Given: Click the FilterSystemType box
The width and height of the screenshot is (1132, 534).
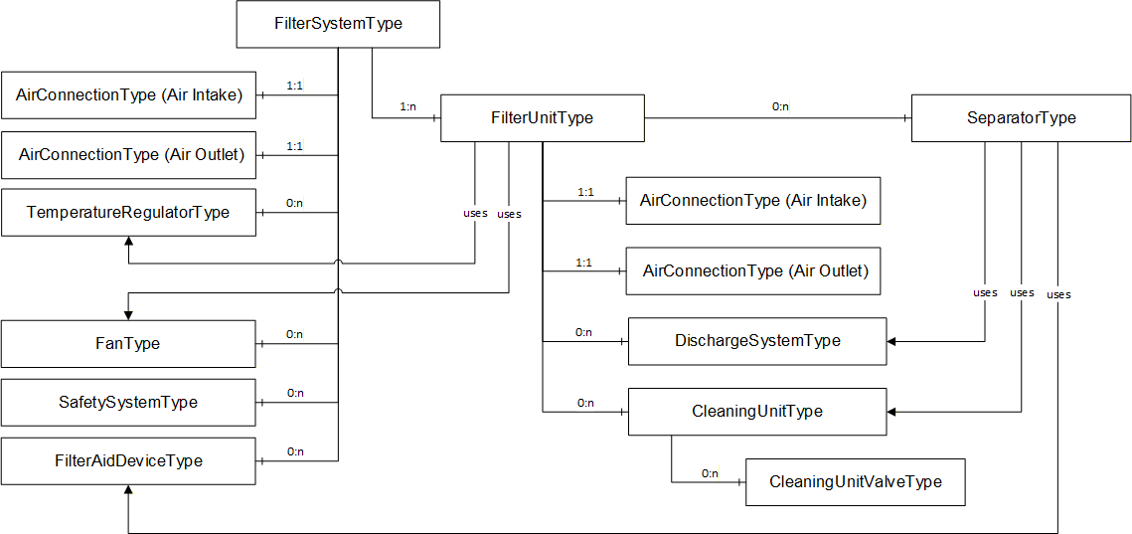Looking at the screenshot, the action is coord(338,24).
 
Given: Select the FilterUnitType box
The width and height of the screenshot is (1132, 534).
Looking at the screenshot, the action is coord(543,117).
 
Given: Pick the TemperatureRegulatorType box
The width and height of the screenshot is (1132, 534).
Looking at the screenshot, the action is coord(128,213).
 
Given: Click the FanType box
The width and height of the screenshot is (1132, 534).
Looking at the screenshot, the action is coord(128,343).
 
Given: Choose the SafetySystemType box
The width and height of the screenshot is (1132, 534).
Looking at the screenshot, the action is coord(128,402).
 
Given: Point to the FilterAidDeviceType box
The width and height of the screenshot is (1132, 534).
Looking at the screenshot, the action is coord(128,460).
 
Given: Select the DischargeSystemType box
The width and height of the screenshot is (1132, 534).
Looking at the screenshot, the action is coord(757,341).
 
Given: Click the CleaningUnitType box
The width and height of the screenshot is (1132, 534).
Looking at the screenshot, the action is coord(757,412).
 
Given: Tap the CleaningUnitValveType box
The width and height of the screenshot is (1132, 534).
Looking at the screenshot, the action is coord(856,482).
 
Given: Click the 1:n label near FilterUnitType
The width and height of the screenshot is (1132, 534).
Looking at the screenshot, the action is coord(407,106).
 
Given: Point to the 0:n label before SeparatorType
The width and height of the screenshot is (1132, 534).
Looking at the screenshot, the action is coord(780,107).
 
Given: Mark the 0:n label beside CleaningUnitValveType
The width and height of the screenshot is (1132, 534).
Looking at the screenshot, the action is coord(711,473).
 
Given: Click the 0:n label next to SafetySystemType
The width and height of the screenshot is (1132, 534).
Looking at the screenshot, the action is coord(295,393).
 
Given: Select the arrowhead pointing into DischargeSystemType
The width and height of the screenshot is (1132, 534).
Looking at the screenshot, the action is coord(891,341).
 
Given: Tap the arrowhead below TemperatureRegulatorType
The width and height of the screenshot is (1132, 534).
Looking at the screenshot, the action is coord(128,241).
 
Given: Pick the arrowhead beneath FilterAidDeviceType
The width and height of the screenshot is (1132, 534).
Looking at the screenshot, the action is coord(128,488).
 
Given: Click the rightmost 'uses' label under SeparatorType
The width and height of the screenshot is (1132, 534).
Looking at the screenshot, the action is coord(1058,294).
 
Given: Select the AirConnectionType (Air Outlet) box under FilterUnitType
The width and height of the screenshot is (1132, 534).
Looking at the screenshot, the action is coord(753,270).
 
